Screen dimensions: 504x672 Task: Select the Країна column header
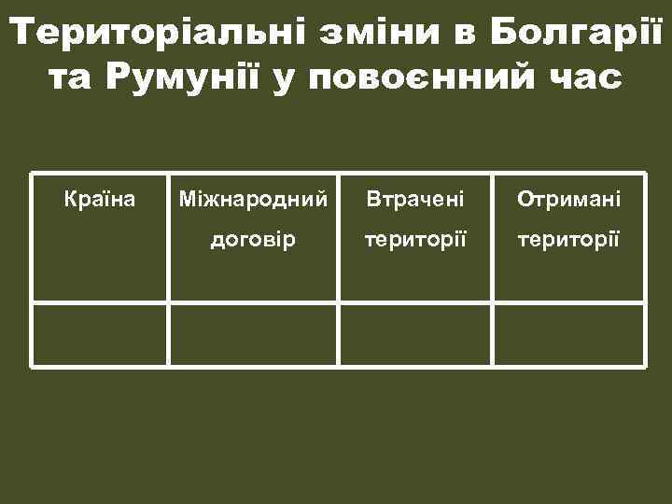[100, 200]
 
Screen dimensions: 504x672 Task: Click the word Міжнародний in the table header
[253, 200]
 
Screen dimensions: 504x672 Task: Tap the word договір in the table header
[253, 240]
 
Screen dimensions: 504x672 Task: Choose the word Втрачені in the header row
[414, 200]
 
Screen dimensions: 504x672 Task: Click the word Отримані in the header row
[568, 200]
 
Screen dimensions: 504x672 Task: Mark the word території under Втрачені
[414, 240]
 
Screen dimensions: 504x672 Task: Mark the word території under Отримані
[568, 240]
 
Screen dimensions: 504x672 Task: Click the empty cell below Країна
[100, 334]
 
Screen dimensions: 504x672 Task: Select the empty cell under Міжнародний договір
[253, 334]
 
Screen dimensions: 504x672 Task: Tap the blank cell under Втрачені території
[414, 334]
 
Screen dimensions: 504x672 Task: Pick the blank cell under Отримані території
[568, 334]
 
